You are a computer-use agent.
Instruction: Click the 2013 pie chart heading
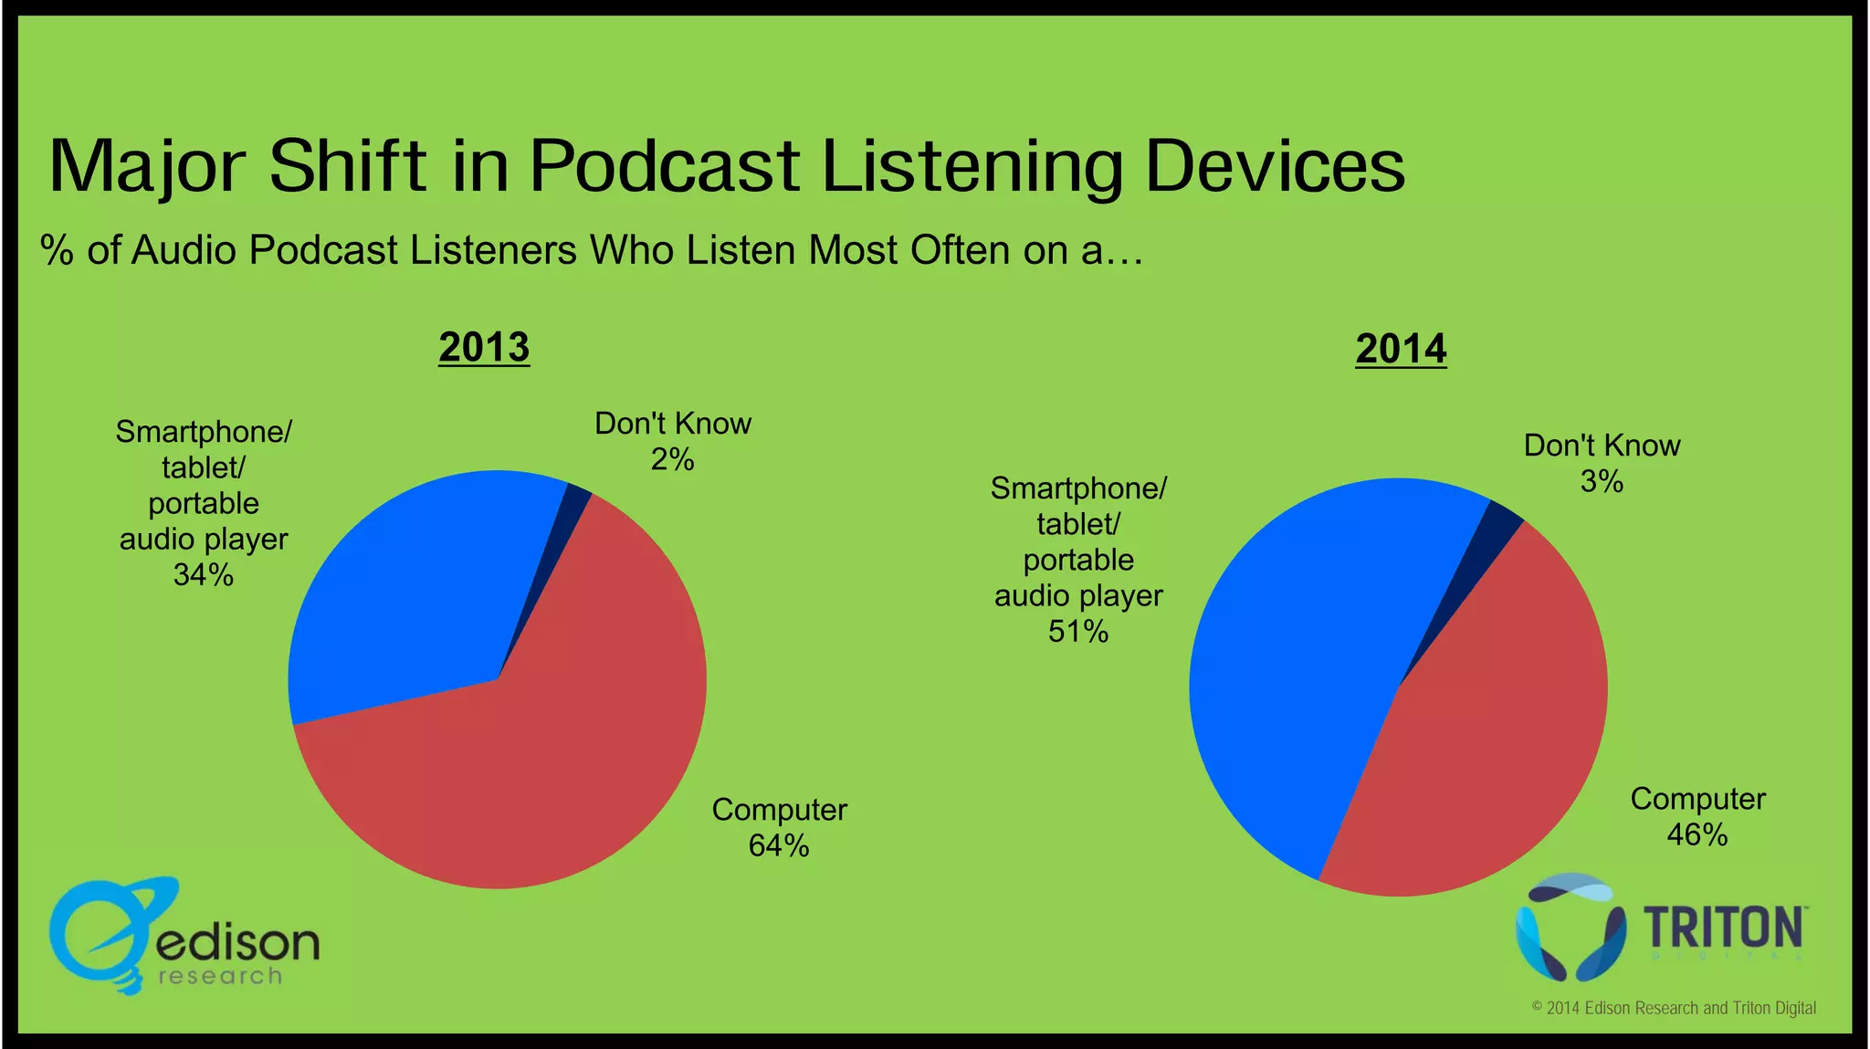(484, 348)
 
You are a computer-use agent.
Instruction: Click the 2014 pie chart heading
(1401, 350)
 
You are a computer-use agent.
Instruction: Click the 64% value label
(779, 846)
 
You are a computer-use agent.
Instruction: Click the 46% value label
(1697, 835)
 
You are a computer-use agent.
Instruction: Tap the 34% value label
(204, 575)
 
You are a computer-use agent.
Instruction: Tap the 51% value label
(1078, 632)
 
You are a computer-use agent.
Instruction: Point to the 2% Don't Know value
(672, 460)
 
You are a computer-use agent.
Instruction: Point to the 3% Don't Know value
(1602, 482)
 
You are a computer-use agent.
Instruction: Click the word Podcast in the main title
(665, 166)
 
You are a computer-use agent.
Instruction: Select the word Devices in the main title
(1275, 166)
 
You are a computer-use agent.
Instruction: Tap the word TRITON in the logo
(1723, 929)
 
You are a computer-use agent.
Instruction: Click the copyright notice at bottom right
(1674, 1008)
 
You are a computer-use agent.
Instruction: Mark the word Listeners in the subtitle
(493, 250)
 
